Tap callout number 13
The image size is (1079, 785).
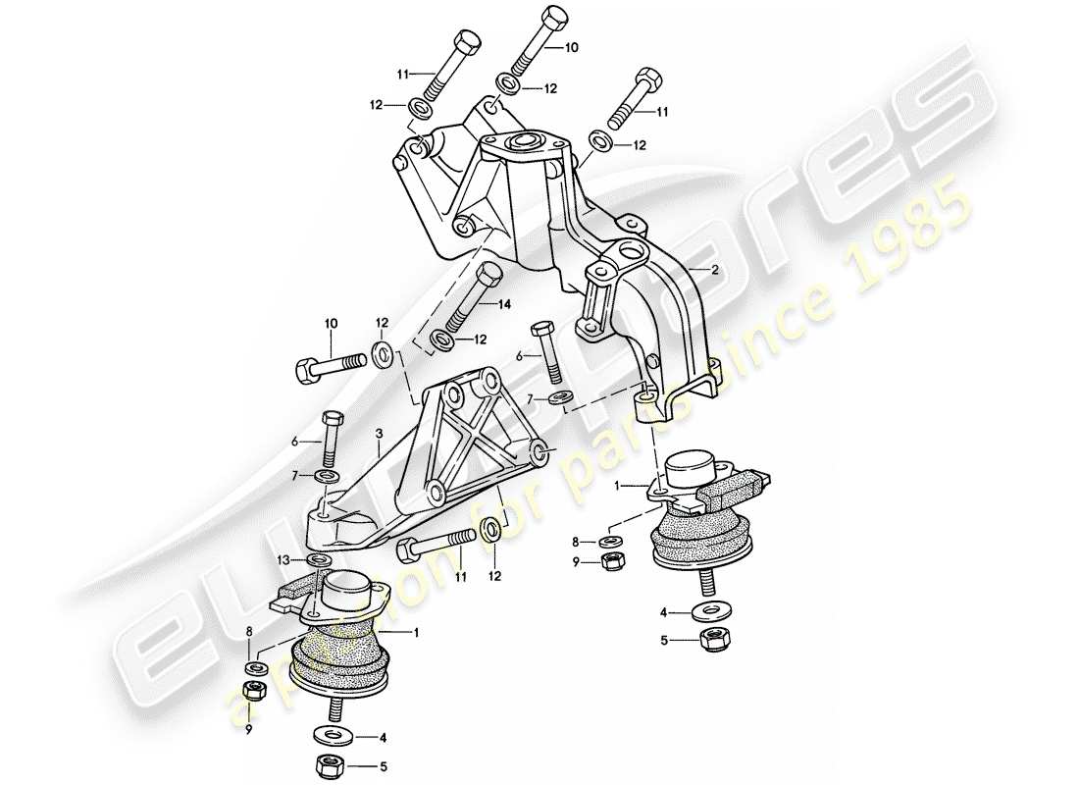(282, 559)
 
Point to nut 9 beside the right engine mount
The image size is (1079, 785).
(610, 561)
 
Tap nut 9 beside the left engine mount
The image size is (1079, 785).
(252, 690)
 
